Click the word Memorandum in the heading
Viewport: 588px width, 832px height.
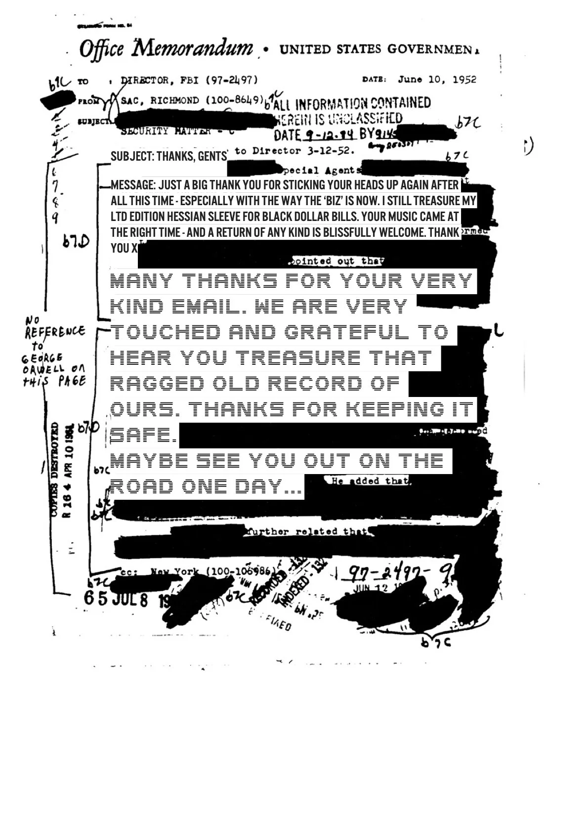[x=194, y=48]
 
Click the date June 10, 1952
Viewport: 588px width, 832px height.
[x=437, y=80]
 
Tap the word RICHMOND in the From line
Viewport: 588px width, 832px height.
[x=174, y=100]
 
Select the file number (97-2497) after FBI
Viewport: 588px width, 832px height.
[x=231, y=80]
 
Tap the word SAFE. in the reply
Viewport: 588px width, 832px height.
[x=143, y=435]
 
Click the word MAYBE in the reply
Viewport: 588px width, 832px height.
[x=149, y=461]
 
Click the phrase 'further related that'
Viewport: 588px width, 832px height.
[x=306, y=531]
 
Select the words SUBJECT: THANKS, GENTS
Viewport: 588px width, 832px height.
[x=168, y=157]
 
